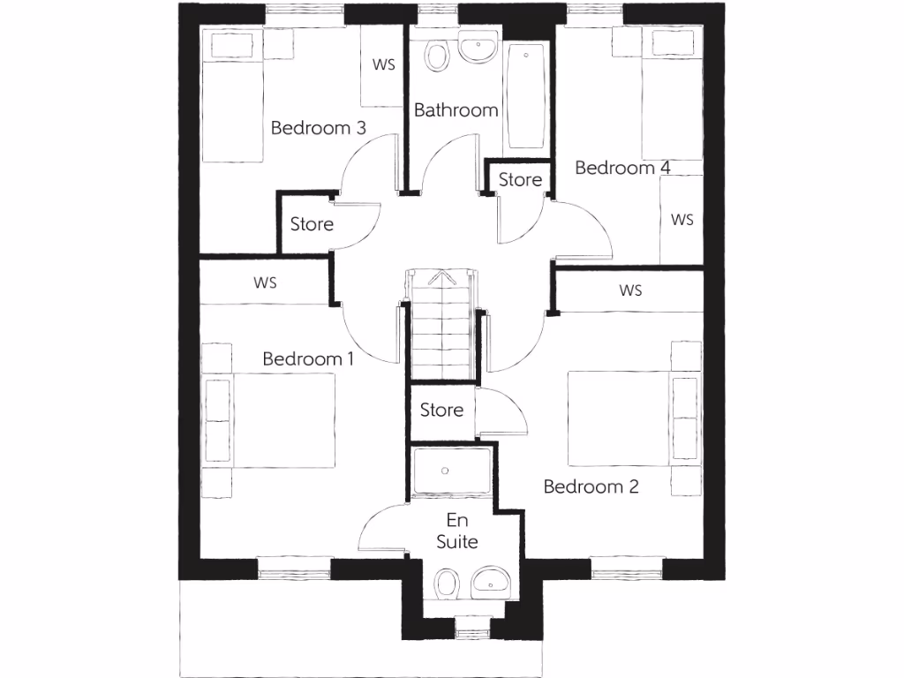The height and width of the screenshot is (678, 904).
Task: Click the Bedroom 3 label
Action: pyautogui.click(x=318, y=128)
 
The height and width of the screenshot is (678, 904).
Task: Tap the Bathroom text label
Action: pyautogui.click(x=456, y=110)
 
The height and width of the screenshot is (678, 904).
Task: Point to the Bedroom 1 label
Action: pyautogui.click(x=308, y=359)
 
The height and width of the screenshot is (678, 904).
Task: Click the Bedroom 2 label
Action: pyautogui.click(x=591, y=486)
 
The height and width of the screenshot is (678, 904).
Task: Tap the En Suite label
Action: pyautogui.click(x=457, y=531)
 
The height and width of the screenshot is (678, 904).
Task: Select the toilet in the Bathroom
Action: pyautogui.click(x=436, y=55)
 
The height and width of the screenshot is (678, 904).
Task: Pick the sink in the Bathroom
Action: pyautogui.click(x=477, y=49)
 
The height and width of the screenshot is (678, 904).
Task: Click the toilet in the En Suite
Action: pyautogui.click(x=448, y=584)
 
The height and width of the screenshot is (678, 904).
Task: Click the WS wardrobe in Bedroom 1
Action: pyautogui.click(x=265, y=283)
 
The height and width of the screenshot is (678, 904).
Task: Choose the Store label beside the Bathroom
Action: pyautogui.click(x=520, y=179)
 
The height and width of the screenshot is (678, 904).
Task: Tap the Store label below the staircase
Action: pyautogui.click(x=441, y=410)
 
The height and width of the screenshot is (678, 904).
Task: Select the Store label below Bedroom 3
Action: pyautogui.click(x=312, y=224)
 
